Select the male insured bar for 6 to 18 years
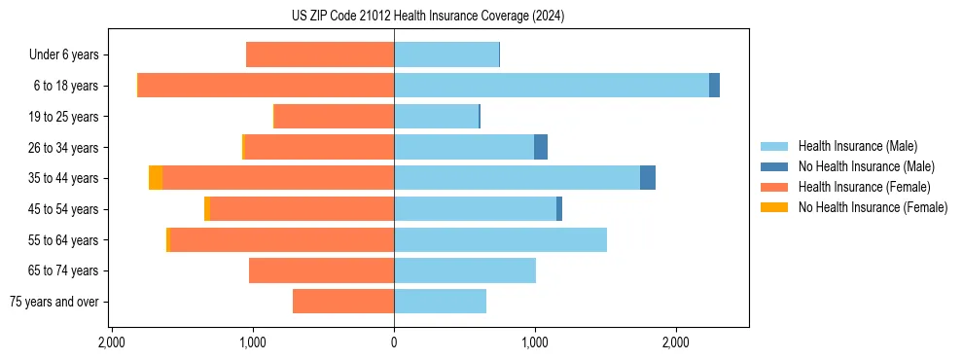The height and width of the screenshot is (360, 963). pyautogui.click(x=551, y=86)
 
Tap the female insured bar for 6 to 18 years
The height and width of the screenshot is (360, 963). pyautogui.click(x=266, y=86)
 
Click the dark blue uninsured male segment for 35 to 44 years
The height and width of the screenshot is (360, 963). pyautogui.click(x=648, y=178)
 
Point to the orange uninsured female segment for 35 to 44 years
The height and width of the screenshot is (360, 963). pyautogui.click(x=156, y=178)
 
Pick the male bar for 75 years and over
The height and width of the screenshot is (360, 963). pyautogui.click(x=440, y=302)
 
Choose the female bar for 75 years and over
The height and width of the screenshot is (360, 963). pyautogui.click(x=343, y=302)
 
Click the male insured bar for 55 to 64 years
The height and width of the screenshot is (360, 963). pyautogui.click(x=500, y=239)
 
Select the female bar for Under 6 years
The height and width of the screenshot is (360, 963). pyautogui.click(x=320, y=54)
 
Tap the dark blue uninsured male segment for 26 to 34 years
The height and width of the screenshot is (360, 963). pyautogui.click(x=541, y=147)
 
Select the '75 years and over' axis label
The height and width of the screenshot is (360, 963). pyautogui.click(x=53, y=302)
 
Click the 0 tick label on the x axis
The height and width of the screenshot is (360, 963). pyautogui.click(x=394, y=343)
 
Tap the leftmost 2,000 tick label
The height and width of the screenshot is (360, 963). pyautogui.click(x=112, y=343)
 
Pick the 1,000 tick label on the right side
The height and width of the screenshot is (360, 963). pyautogui.click(x=535, y=343)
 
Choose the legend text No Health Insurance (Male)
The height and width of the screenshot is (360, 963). pyautogui.click(x=866, y=166)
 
